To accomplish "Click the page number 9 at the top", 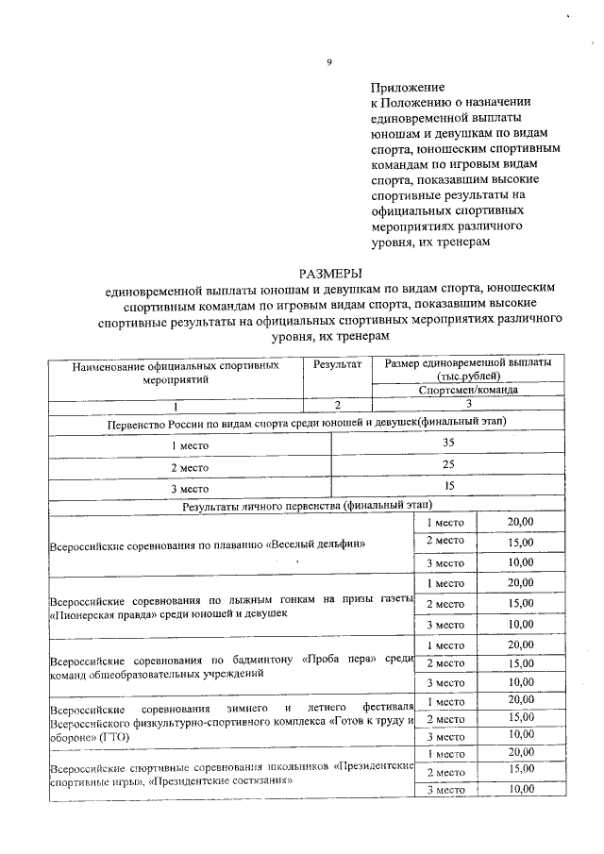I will point(329,63).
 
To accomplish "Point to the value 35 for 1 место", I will point(448,443).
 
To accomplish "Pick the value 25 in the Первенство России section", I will point(448,464).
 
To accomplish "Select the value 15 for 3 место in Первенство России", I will point(448,486).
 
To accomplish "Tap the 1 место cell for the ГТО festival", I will point(445,701).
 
